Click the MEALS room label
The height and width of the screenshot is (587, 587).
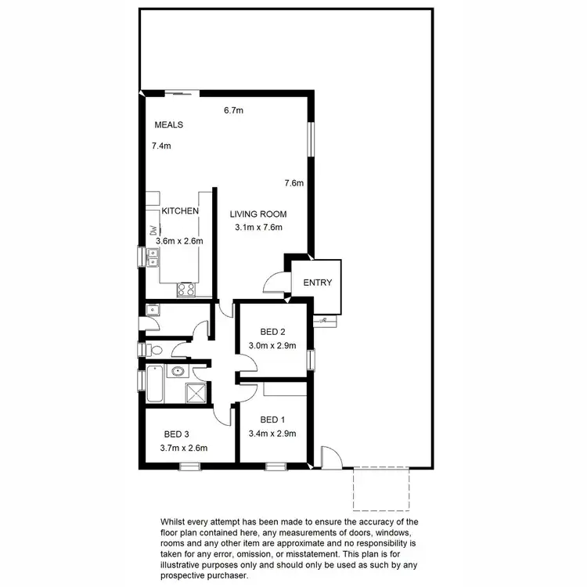[168, 124]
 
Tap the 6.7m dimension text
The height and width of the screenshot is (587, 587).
[233, 110]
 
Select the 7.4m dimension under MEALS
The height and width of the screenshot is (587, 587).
[161, 146]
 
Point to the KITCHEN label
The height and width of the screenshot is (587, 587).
[180, 211]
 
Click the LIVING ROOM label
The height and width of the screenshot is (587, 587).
[258, 214]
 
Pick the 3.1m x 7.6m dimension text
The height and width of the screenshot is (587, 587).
[258, 228]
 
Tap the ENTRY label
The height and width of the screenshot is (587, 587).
[317, 283]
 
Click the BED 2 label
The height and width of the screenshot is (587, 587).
[272, 332]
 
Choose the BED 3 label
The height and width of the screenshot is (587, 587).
[177, 434]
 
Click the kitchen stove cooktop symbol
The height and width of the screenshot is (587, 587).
[187, 289]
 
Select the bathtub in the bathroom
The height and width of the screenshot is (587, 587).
[153, 384]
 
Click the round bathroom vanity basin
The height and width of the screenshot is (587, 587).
[178, 372]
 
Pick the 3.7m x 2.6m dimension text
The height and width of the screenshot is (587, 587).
[179, 448]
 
